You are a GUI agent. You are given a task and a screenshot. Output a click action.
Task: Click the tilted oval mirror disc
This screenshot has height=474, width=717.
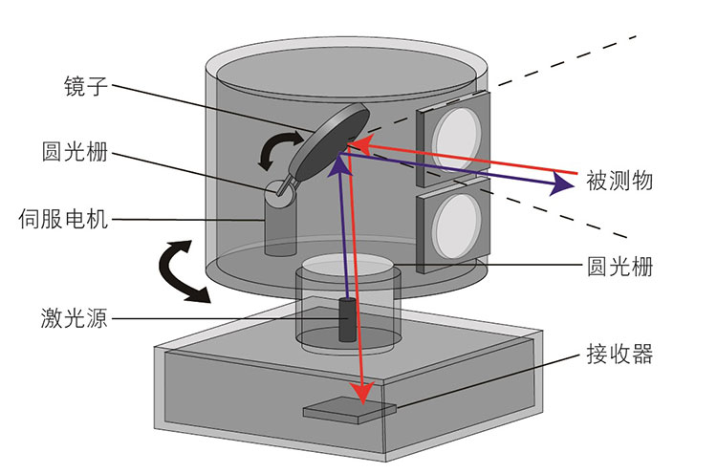(330, 141)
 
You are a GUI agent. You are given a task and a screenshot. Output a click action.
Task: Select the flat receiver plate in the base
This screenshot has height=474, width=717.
(349, 410)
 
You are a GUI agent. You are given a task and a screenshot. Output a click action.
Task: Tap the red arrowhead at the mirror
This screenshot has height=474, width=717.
(352, 143)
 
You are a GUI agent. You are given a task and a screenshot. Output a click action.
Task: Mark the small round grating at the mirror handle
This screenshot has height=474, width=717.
(278, 190)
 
